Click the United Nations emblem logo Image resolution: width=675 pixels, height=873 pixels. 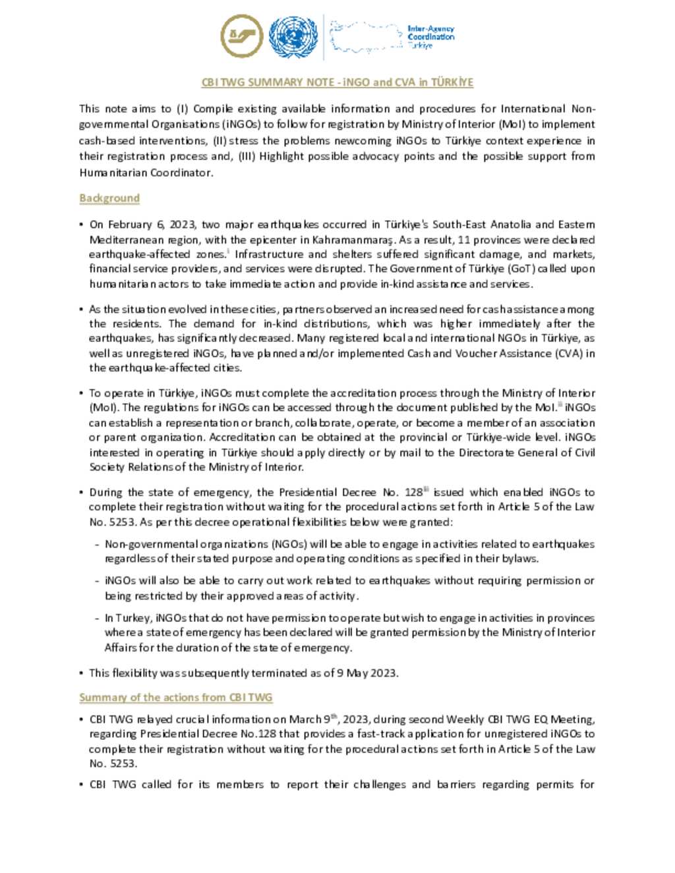293,37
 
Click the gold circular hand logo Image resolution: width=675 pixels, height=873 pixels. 242,36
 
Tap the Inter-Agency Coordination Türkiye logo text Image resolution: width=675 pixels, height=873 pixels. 430,37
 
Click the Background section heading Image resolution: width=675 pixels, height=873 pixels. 109,198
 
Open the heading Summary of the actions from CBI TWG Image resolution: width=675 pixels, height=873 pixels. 175,697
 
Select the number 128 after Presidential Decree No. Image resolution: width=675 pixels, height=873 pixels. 413,492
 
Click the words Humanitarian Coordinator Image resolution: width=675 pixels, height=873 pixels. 145,173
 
